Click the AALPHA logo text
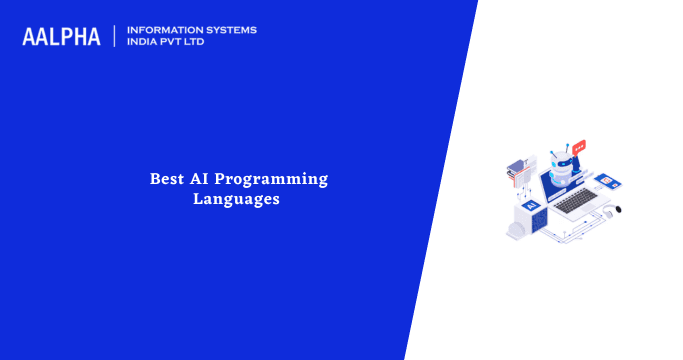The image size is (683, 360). point(62,37)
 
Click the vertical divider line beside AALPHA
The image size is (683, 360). point(115,36)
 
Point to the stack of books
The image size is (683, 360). point(517,171)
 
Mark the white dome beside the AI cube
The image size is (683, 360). point(516,228)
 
